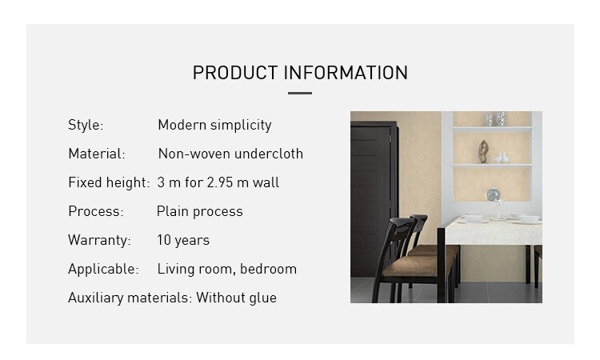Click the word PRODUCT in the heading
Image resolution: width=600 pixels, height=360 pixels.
click(x=235, y=73)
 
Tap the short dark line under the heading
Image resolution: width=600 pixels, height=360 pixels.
click(x=300, y=93)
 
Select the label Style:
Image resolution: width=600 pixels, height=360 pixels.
click(x=86, y=125)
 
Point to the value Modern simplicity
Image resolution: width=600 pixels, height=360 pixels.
click(x=214, y=125)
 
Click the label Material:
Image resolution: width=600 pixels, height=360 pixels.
click(x=97, y=154)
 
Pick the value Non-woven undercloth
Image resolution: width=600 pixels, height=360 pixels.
click(x=230, y=154)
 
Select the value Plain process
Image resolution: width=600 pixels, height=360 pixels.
click(x=200, y=211)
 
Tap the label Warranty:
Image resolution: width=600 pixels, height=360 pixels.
click(x=99, y=240)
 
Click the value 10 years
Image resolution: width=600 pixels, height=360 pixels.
click(x=183, y=240)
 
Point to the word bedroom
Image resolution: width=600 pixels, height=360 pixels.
click(x=268, y=269)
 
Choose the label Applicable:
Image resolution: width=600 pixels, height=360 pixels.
click(x=103, y=269)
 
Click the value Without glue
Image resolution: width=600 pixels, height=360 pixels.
click(x=237, y=298)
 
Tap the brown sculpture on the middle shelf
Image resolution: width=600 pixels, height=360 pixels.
click(x=483, y=151)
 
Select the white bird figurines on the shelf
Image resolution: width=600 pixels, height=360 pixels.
click(x=501, y=158)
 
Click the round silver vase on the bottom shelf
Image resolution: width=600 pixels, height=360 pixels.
click(x=494, y=194)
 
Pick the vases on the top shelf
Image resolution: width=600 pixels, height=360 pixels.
click(x=494, y=119)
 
